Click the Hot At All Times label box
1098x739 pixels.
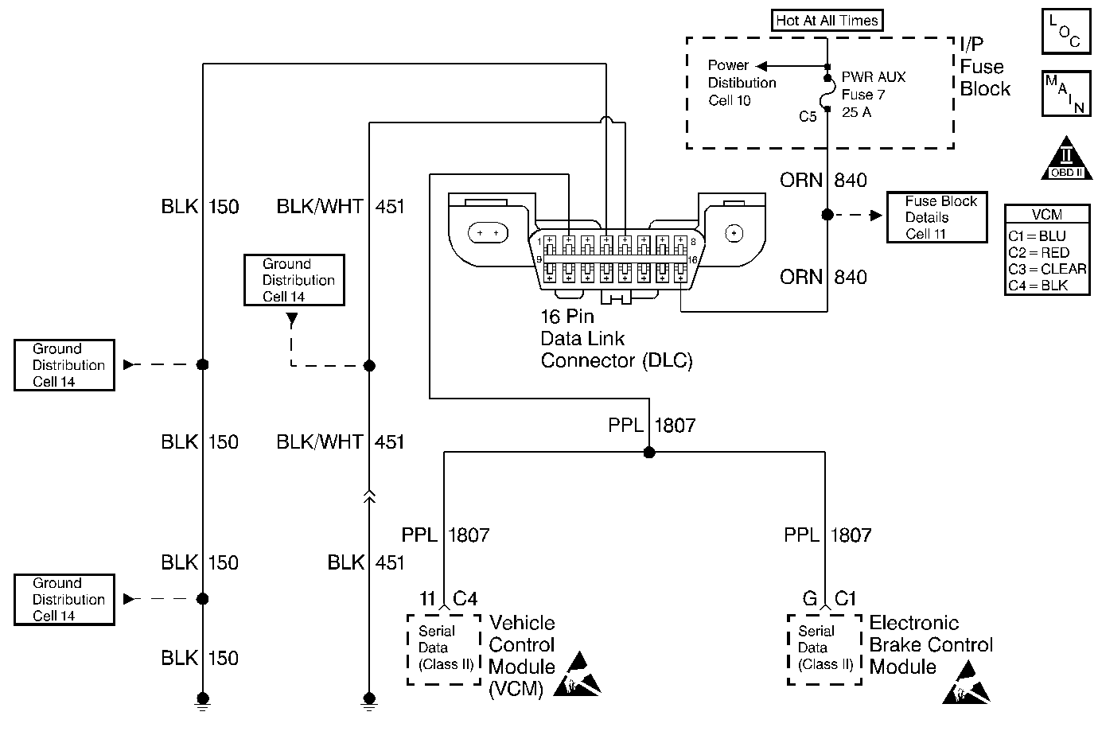[x=827, y=21]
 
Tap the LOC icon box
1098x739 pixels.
[x=1065, y=32]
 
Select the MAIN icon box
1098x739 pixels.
[x=1065, y=93]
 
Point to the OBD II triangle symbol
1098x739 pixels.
[x=1067, y=159]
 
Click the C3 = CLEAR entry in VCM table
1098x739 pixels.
[x=1047, y=269]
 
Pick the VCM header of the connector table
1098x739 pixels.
[x=1046, y=215]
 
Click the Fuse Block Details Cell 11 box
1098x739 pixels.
[x=936, y=217]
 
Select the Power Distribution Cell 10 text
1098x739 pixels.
[x=742, y=83]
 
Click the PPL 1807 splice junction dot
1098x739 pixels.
[x=649, y=453]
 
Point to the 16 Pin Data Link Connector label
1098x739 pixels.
[x=616, y=339]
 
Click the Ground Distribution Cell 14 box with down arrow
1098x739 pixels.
[x=294, y=280]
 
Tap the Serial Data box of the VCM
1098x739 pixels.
[x=444, y=648]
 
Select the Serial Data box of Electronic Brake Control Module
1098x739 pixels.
[x=824, y=648]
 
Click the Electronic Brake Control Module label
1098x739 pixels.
[x=930, y=644]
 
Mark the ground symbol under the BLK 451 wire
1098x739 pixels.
[x=368, y=699]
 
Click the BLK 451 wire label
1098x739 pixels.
[x=366, y=563]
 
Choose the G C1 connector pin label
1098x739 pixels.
[x=828, y=599]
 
